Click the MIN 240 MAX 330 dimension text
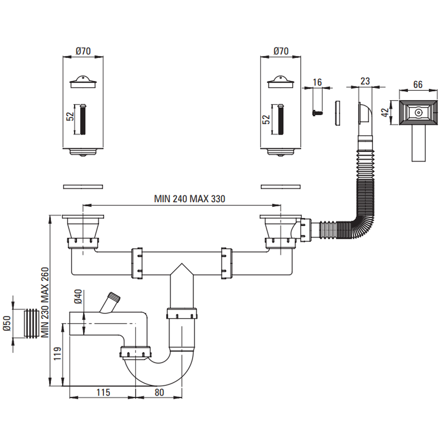(x=190, y=199)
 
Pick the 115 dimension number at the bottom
(x=102, y=392)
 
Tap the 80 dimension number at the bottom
(x=159, y=392)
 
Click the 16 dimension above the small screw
(x=317, y=82)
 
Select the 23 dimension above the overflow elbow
(x=365, y=81)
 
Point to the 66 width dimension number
(x=418, y=85)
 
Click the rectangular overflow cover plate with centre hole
(x=418, y=113)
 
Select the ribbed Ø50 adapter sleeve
(x=30, y=323)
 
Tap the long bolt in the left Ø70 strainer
(x=83, y=119)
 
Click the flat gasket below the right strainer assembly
(x=280, y=187)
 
